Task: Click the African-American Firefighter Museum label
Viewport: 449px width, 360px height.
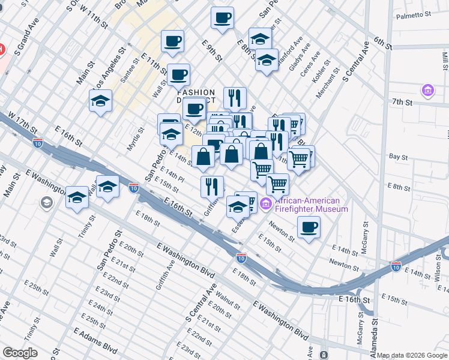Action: point(311,205)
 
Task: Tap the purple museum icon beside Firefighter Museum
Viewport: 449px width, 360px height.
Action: point(267,205)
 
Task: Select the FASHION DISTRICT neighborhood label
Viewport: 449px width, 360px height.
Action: point(196,97)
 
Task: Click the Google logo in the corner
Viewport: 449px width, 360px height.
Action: point(20,353)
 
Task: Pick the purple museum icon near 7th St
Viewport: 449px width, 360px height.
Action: point(428,91)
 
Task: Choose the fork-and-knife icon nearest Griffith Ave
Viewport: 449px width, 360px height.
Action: point(212,186)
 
